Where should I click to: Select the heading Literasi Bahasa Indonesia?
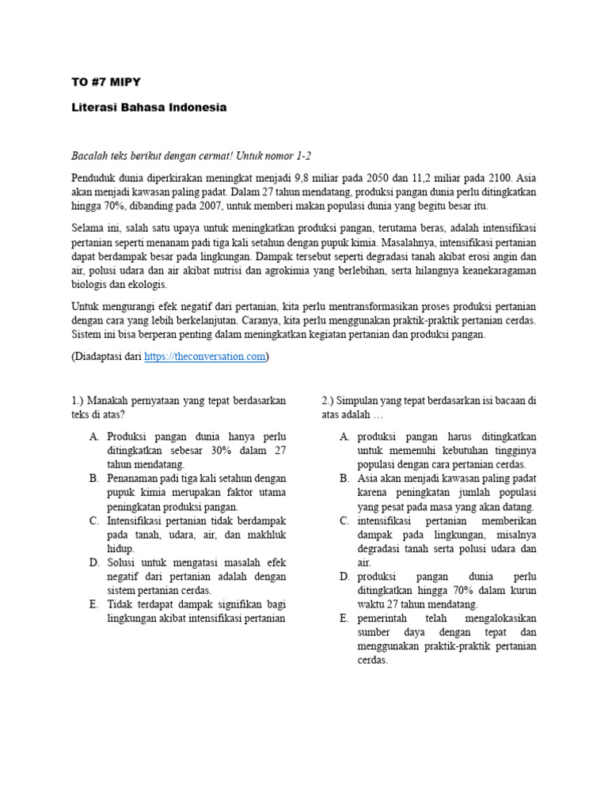click(149, 108)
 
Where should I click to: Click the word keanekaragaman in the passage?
click(494, 271)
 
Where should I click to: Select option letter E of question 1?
click(93, 604)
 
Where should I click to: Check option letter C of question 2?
click(344, 520)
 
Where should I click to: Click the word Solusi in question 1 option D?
click(123, 562)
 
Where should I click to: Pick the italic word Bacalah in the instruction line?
click(89, 155)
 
